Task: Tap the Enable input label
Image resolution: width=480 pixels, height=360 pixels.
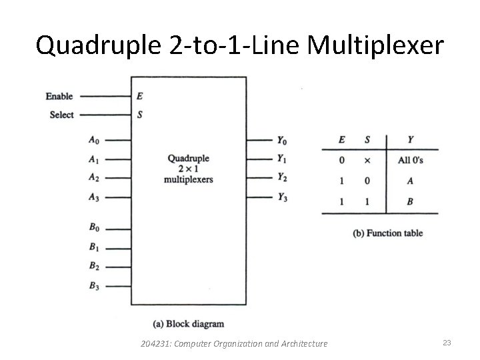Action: tap(59, 97)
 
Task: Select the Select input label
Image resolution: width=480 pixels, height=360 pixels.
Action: tap(62, 115)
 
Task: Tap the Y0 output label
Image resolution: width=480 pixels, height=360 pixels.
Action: tap(283, 140)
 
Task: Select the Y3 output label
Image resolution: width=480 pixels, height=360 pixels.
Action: tap(283, 197)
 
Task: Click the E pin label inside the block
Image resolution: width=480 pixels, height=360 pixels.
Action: tap(140, 96)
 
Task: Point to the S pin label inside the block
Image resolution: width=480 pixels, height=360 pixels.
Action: tap(140, 115)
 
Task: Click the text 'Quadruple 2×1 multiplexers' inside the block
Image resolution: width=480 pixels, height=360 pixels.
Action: tap(189, 169)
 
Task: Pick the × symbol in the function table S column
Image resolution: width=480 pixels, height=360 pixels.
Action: tap(367, 161)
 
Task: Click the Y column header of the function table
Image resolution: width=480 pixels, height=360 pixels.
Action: tap(410, 140)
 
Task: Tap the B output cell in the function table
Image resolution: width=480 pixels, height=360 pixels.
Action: tap(411, 201)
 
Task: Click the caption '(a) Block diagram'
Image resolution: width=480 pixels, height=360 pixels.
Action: tap(189, 324)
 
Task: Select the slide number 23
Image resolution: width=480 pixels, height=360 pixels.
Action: tap(447, 343)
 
